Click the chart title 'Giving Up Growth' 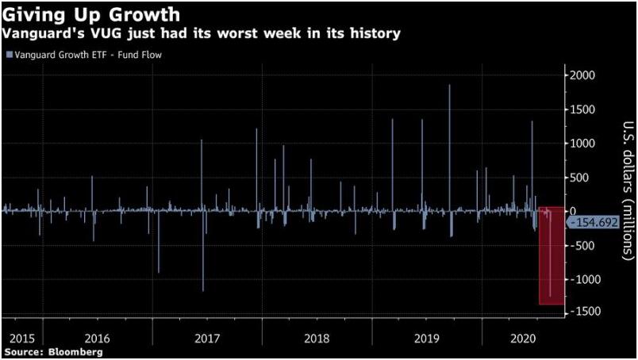click(x=91, y=14)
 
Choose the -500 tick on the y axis click(x=585, y=246)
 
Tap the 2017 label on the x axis click(x=208, y=337)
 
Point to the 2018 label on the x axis click(x=317, y=337)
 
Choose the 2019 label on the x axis click(x=427, y=337)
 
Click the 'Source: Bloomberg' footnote click(x=53, y=350)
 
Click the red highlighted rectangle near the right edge click(x=551, y=255)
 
